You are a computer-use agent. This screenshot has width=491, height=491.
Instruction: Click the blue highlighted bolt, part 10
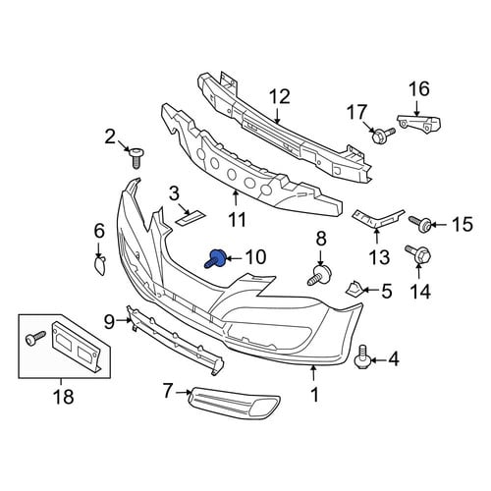[x=215, y=258]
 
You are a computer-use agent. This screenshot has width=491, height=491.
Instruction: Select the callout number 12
[x=280, y=97]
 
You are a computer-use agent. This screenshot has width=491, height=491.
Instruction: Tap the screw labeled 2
[x=136, y=158]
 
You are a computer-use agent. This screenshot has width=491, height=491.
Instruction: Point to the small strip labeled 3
[x=191, y=218]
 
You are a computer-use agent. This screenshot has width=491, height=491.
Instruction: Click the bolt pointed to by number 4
[x=362, y=356]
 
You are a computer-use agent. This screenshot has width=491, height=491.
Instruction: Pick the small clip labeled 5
[x=354, y=289]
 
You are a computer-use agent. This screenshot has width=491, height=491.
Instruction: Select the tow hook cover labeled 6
[x=100, y=265]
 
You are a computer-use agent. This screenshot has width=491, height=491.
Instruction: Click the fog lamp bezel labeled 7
[x=235, y=403]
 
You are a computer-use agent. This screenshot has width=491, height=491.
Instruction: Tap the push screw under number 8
[x=319, y=275]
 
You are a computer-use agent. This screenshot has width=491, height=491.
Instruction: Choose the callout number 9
[x=109, y=322]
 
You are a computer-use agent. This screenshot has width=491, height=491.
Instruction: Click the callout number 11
[x=237, y=219]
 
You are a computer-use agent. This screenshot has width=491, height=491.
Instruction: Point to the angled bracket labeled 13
[x=378, y=218]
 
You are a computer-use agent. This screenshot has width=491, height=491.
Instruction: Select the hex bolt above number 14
[x=418, y=253]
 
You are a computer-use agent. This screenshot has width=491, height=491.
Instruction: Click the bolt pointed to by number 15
[x=420, y=223]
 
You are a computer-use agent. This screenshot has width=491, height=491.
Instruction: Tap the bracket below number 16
[x=419, y=123]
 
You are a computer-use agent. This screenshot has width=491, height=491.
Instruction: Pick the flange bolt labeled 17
[x=382, y=135]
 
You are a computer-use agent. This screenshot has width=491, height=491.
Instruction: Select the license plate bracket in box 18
[x=76, y=347]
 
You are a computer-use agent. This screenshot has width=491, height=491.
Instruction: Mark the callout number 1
[x=314, y=395]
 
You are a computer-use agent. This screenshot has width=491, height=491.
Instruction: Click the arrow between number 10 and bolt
[x=234, y=259]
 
